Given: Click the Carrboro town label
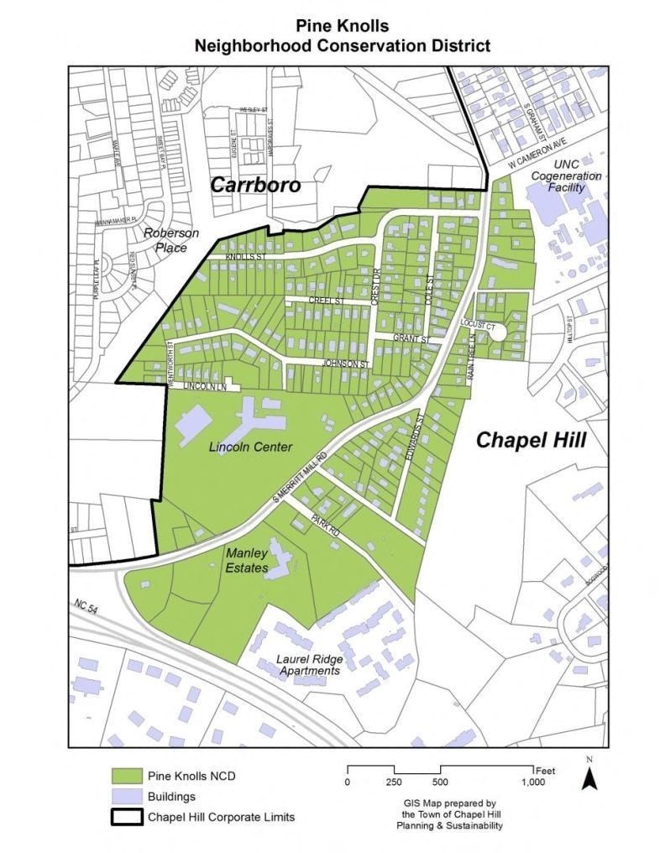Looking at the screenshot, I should (254, 185).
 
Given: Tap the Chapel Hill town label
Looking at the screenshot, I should (531, 440).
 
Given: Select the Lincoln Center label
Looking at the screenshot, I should (250, 447).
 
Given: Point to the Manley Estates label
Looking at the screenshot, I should (247, 560).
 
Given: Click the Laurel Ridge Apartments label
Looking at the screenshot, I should (309, 664).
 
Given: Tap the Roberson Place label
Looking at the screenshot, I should (170, 239).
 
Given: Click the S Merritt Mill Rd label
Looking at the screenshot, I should (299, 479).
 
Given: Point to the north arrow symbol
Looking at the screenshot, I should (589, 777).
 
